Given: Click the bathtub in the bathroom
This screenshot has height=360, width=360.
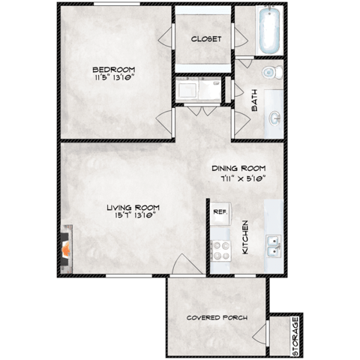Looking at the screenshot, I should [x=271, y=31].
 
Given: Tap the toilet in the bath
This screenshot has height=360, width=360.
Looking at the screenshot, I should [x=271, y=73].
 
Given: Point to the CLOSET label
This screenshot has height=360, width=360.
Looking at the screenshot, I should [x=205, y=39].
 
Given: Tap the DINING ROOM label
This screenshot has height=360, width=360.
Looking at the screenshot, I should [x=238, y=169].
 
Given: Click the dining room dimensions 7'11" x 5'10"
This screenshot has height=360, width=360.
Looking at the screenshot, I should [x=238, y=178].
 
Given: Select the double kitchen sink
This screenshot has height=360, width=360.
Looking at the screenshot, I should [x=274, y=244].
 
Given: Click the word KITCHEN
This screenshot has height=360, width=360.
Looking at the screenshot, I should [x=244, y=237].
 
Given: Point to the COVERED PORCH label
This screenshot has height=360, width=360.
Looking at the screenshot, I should [x=217, y=317].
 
